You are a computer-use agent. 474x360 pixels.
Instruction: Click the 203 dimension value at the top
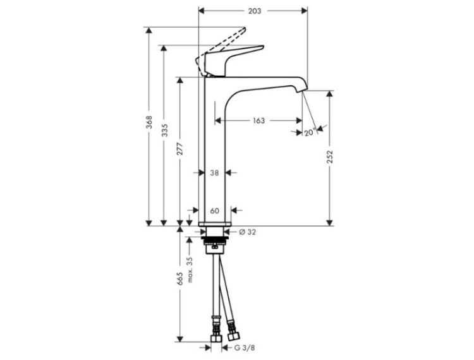point(255,11)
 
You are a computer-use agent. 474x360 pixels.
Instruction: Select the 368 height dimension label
point(149,122)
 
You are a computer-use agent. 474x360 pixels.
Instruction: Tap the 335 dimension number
point(164,130)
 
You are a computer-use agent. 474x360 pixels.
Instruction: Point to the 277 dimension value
point(180,148)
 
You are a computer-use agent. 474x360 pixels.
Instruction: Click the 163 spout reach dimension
point(258,121)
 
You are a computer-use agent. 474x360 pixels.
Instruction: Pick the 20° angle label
point(310,132)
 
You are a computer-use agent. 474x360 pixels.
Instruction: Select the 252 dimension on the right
point(330,157)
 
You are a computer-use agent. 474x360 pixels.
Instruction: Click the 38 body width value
point(214,173)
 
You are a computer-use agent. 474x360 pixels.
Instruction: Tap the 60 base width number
point(214,210)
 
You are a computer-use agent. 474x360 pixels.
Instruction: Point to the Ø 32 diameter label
point(247,232)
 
